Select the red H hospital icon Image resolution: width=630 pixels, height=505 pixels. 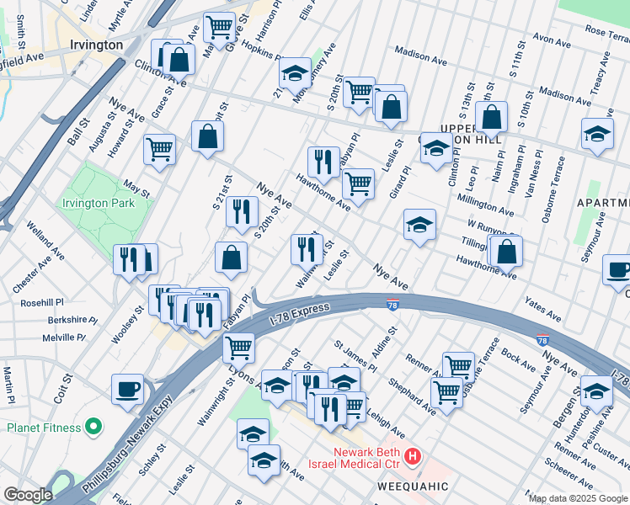413,458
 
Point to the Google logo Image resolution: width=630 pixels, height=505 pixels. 27,495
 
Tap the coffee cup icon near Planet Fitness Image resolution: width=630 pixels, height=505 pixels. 128,390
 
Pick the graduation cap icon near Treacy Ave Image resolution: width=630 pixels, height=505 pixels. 597,133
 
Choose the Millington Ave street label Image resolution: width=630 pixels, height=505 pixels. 485,205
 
